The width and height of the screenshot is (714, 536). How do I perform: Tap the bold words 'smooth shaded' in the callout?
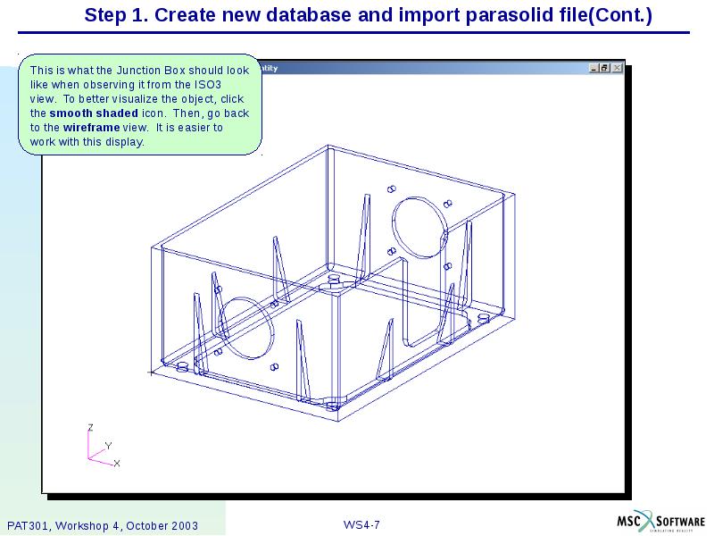pos(94,113)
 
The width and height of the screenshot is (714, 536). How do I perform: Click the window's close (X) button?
pos(617,68)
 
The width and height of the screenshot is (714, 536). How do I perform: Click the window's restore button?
pos(605,68)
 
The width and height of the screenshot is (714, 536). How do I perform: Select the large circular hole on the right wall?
pos(419,229)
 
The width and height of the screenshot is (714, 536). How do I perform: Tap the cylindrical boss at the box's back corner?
pos(335,281)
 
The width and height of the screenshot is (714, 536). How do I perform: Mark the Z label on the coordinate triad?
pos(89,428)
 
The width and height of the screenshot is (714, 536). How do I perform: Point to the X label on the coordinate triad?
pos(117,463)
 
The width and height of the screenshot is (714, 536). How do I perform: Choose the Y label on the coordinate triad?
pos(108,445)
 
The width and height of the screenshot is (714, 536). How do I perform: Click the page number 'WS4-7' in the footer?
pos(361,524)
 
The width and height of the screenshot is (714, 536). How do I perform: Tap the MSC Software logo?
pos(660,522)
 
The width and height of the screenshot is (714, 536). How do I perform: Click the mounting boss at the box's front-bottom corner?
pos(333,405)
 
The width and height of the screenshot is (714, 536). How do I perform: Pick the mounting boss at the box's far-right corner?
pos(483,317)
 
